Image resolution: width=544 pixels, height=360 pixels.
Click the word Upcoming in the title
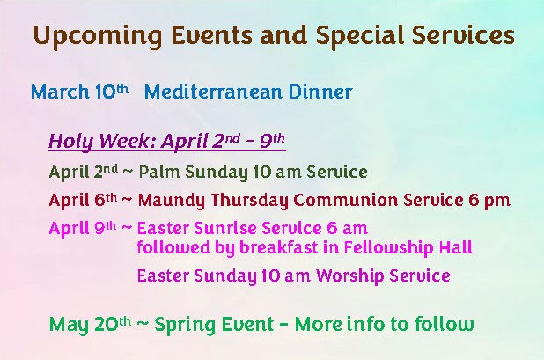click(98, 36)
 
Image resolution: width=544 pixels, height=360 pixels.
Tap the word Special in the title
click(360, 36)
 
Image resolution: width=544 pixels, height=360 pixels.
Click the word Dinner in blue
click(320, 92)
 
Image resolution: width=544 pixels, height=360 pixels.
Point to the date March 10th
click(79, 92)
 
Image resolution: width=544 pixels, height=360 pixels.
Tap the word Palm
click(159, 172)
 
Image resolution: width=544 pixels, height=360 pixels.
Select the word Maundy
click(172, 201)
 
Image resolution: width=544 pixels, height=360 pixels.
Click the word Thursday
click(249, 201)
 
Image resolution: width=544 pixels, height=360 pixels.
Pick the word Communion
click(345, 201)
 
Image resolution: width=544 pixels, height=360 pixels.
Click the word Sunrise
click(225, 228)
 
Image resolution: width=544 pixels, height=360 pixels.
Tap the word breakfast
click(278, 247)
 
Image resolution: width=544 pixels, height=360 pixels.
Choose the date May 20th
click(90, 325)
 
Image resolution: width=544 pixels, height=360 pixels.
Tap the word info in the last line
click(366, 324)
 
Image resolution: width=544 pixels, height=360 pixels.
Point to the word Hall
click(455, 247)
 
